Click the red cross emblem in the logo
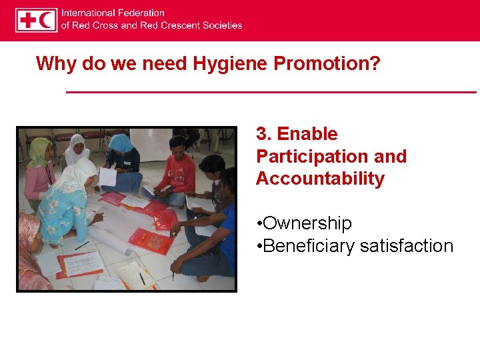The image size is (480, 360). [28, 20]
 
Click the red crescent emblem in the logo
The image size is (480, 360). [47, 20]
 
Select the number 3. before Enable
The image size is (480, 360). [264, 134]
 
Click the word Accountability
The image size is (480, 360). [320, 179]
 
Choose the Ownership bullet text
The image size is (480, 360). [307, 223]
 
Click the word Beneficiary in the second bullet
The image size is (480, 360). [309, 246]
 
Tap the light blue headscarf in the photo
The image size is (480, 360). [121, 142]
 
